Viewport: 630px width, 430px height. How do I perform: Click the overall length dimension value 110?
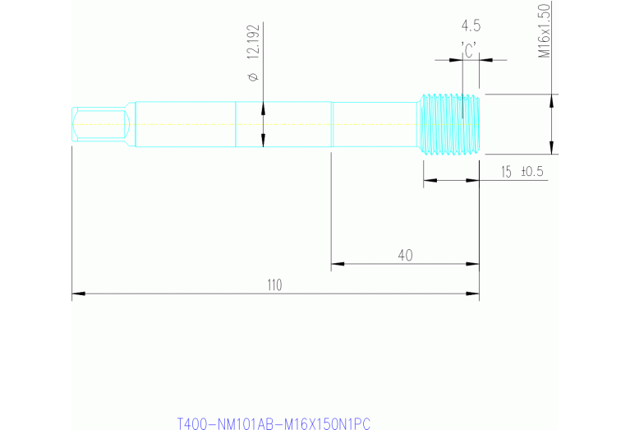(x=274, y=284)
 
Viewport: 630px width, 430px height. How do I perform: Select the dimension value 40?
(x=405, y=256)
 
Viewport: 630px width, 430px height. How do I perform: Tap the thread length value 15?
(x=506, y=171)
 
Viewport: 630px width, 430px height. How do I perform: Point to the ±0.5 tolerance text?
(x=533, y=171)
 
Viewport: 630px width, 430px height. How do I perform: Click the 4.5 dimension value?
(x=471, y=25)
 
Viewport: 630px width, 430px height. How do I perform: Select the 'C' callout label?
(x=470, y=50)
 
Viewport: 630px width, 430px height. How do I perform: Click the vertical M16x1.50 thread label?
(x=543, y=30)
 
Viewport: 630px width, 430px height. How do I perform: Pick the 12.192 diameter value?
(x=253, y=42)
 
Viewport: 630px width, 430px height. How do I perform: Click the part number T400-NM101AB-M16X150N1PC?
(x=274, y=424)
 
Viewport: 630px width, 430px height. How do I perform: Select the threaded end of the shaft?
(x=450, y=124)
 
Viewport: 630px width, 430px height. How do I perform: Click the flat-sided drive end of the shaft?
(x=99, y=124)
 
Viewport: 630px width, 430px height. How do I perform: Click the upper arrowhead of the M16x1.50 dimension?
(x=551, y=99)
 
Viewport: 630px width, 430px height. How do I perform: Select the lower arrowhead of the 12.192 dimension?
(x=263, y=143)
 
